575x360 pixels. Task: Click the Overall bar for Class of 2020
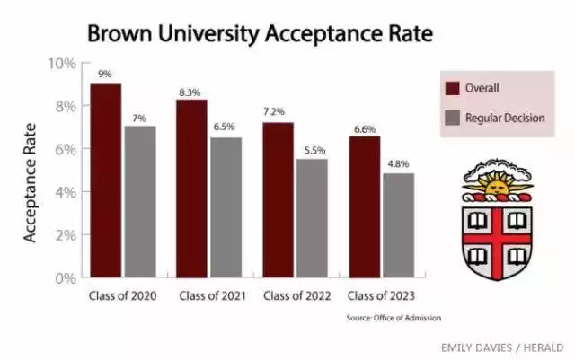point(106,180)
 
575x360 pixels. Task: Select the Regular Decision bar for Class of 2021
point(226,207)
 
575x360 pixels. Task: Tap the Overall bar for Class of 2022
point(278,200)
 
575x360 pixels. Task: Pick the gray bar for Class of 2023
point(399,225)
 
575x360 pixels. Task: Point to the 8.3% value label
point(190,92)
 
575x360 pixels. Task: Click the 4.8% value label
point(398,164)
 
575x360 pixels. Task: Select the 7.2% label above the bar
point(273,111)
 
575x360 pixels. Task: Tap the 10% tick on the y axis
point(62,64)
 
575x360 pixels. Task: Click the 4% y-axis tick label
point(66,192)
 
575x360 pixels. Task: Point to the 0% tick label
point(66,278)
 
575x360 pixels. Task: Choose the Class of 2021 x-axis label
point(213,296)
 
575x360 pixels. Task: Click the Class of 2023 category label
point(381,296)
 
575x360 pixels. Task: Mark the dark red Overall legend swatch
point(452,88)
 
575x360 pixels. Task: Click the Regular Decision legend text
point(505,118)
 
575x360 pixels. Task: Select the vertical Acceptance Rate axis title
point(30,183)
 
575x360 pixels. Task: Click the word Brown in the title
point(119,34)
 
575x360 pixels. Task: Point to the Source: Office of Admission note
point(394,318)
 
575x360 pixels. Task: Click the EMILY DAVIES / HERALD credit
point(502,347)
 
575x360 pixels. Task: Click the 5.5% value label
point(314,150)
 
